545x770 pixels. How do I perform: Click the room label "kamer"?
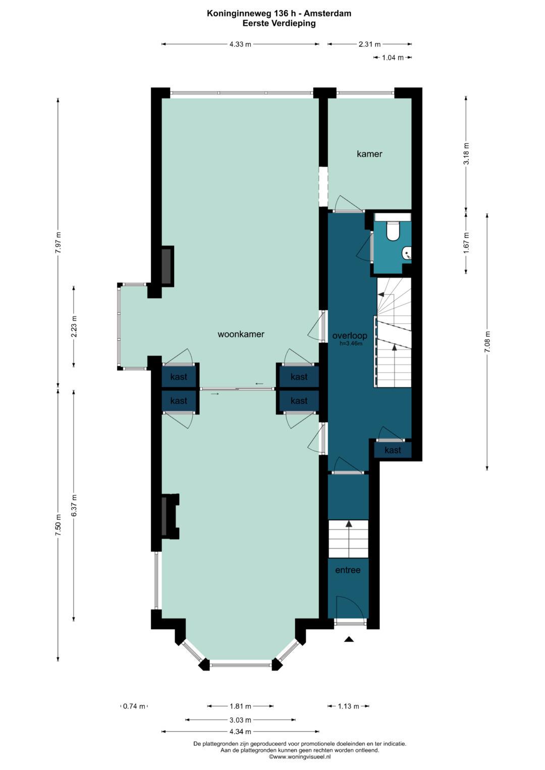369,154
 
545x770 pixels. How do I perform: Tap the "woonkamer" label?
241,334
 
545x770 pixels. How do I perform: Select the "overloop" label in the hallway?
350,335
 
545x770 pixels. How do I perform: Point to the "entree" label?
348,570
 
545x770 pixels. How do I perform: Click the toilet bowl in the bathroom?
392,231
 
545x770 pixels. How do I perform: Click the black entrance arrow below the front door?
349,639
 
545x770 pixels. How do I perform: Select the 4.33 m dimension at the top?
240,44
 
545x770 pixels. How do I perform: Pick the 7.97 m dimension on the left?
58,243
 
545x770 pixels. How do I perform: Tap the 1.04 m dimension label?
393,58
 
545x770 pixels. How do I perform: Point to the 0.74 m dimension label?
134,706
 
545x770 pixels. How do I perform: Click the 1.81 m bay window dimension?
240,706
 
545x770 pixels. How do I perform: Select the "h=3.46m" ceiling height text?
351,343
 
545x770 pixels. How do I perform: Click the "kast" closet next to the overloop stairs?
393,450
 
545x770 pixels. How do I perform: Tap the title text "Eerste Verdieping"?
279,23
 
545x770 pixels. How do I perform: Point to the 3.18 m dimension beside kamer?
467,153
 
